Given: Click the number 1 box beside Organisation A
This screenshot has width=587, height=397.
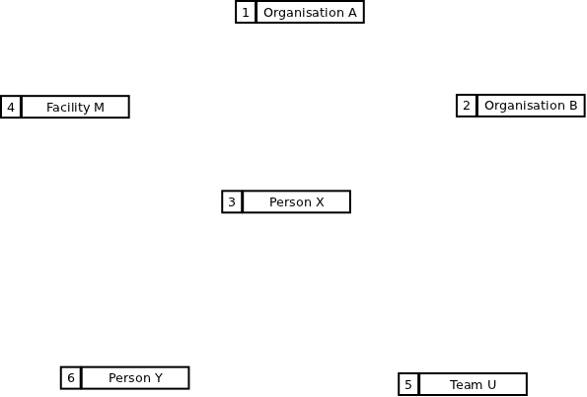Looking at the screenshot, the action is [x=246, y=13].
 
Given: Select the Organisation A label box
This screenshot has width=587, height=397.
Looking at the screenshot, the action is [x=311, y=13].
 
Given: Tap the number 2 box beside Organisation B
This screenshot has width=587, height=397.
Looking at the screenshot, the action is [x=467, y=106].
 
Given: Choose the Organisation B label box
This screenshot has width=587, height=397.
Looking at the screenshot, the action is [x=531, y=106].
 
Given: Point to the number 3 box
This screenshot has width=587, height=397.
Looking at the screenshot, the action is [x=232, y=202].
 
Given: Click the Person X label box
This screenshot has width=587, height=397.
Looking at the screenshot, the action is [x=297, y=202].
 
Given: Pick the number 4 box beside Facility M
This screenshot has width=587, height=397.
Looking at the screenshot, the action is [x=11, y=108].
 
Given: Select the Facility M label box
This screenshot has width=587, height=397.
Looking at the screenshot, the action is [x=76, y=108].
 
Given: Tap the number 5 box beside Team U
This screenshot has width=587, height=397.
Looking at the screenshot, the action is [x=408, y=384].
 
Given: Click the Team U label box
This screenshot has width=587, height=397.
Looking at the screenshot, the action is [x=474, y=384].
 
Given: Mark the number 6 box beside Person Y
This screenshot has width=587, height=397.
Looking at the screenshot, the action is [x=71, y=378].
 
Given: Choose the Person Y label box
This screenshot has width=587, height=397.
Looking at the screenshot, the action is [x=135, y=378].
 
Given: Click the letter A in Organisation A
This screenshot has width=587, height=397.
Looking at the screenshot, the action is [x=352, y=13].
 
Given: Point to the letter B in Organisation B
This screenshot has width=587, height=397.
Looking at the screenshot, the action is [x=573, y=106].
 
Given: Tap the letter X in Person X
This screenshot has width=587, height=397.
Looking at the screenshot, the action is [x=320, y=202].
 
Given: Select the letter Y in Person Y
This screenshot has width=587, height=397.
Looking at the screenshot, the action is [x=159, y=378].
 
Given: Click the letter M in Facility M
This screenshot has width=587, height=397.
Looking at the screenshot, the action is [x=100, y=108].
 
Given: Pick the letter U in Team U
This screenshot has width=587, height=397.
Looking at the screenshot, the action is [x=492, y=384].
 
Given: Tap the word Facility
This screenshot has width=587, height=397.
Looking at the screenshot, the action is [x=68, y=108].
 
